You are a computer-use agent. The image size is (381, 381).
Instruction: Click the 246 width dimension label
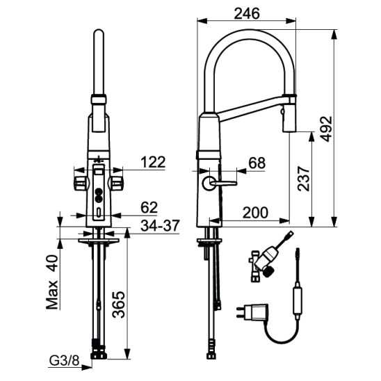coord(247,14)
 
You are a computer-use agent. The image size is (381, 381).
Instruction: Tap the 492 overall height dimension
coord(326,129)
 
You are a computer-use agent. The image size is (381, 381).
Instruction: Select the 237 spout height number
coord(304,179)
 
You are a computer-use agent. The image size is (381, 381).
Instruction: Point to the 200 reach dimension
coord(255,213)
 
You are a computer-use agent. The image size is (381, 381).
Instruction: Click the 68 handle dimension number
coord(257,163)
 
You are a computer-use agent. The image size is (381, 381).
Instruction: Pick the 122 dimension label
coord(154,162)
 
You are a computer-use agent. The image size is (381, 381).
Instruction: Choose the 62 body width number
coord(149,207)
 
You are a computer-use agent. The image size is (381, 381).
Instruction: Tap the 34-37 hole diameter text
coord(161,226)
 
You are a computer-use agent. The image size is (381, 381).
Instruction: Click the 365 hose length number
coord(119,305)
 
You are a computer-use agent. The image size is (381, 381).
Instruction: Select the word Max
coord(52,295)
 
